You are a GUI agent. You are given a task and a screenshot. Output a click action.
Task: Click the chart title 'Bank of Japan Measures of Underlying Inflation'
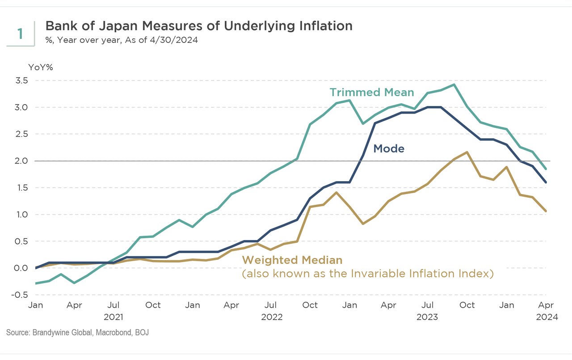coord(199,26)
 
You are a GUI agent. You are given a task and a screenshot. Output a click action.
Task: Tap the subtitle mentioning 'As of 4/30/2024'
coord(122,40)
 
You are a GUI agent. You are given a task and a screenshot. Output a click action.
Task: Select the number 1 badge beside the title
coord(20,34)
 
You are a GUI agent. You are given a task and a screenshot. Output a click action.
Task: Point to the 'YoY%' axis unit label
coord(41,68)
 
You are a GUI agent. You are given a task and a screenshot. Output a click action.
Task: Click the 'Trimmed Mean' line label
coord(372,93)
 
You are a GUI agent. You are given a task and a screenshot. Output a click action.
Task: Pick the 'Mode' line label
coord(389,148)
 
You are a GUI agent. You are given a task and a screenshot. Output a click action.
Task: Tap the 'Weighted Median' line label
coord(292,260)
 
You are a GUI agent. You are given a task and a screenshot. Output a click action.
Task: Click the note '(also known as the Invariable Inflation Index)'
coord(367,273)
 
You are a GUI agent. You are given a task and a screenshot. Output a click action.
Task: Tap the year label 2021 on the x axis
coord(114,317)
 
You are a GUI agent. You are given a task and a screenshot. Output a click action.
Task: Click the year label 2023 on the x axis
coord(427,317)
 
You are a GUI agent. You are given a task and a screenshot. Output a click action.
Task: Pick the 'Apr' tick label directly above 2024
coord(545,305)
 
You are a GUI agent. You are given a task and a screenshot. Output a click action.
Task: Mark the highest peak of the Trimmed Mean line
coord(454,85)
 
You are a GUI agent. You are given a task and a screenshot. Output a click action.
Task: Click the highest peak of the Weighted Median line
coord(467,152)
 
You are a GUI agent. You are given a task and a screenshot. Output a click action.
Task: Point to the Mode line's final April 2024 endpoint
coord(546,182)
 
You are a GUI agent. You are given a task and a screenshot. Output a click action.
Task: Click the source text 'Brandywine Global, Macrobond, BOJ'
coord(93,333)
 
